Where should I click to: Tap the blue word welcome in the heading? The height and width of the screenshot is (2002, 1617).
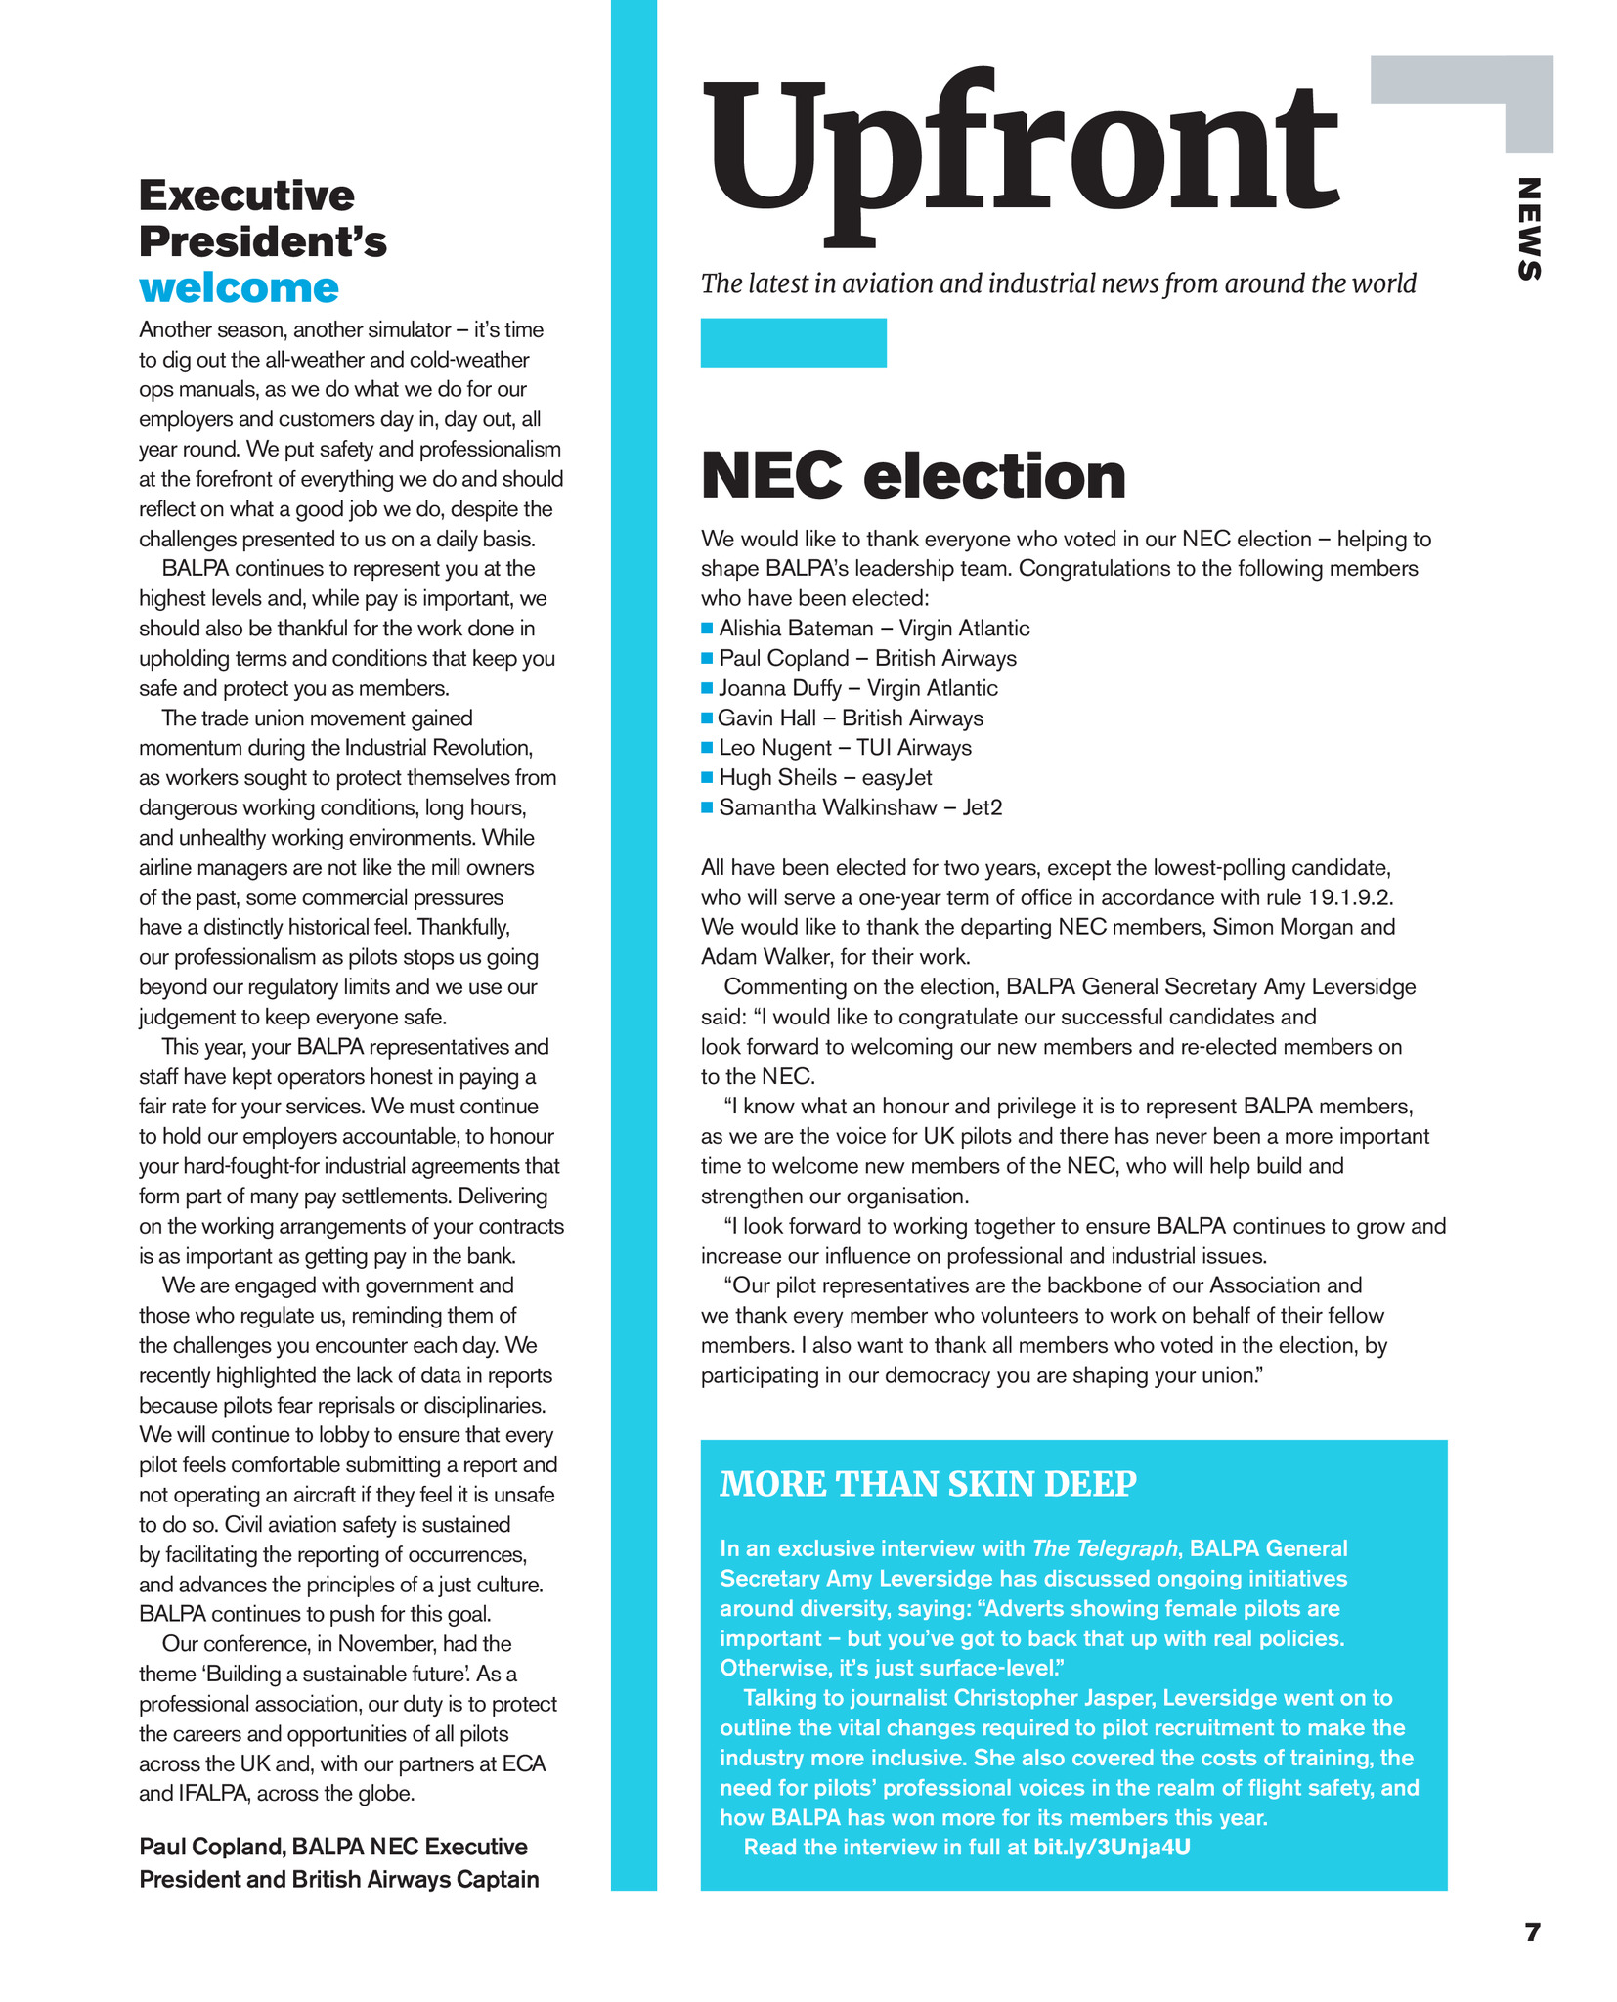[x=239, y=288]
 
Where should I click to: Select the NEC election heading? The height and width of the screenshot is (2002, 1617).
[x=913, y=476]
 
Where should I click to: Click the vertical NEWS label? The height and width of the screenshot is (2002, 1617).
[x=1528, y=229]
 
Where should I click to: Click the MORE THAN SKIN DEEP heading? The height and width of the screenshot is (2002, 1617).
[x=928, y=1484]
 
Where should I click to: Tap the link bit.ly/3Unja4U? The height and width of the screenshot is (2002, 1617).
[x=1112, y=1847]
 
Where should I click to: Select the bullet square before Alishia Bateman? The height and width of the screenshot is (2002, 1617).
[x=708, y=628]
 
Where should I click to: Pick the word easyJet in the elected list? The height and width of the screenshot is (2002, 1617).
[x=896, y=777]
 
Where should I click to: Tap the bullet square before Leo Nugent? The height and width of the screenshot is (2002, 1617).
[x=708, y=748]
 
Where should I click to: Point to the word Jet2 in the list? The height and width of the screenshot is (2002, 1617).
[x=983, y=807]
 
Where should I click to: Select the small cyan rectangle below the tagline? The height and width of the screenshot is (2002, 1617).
[x=793, y=342]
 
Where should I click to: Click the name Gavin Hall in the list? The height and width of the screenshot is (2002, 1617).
[x=766, y=718]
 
